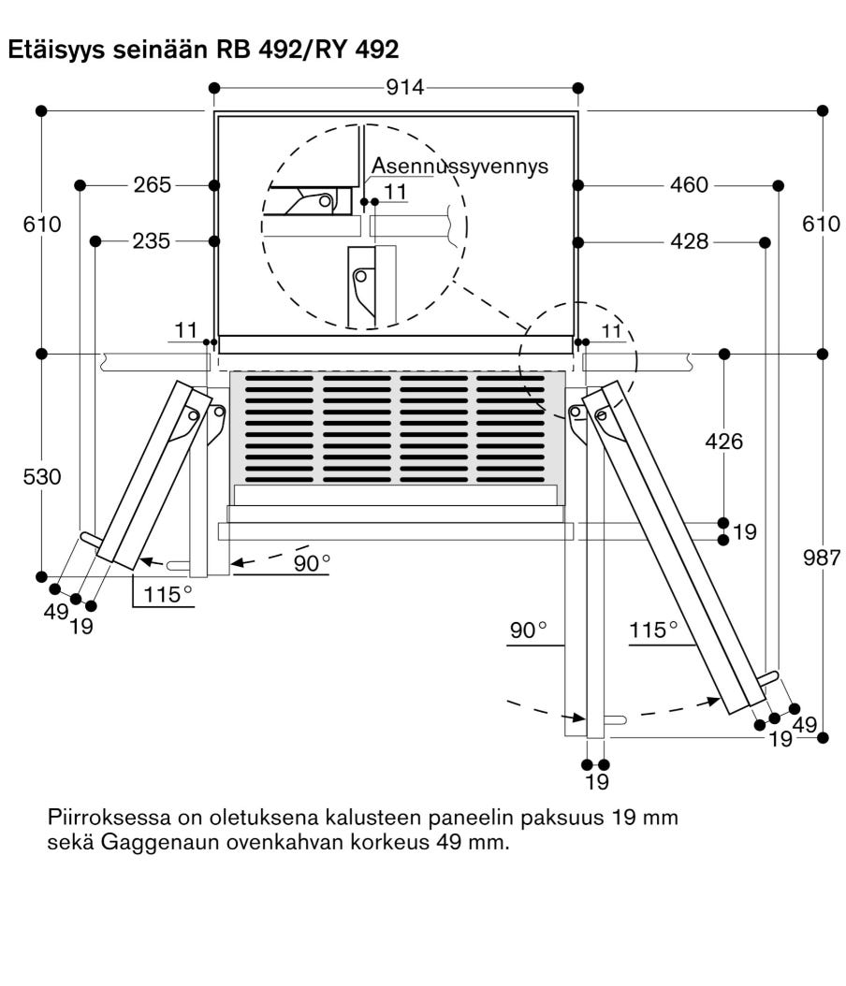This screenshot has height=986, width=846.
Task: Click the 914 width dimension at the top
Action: pyautogui.click(x=404, y=87)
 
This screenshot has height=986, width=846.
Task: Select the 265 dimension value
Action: pyautogui.click(x=152, y=185)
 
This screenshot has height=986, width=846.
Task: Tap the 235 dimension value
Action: pyautogui.click(x=151, y=240)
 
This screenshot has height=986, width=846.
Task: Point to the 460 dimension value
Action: pyautogui.click(x=689, y=185)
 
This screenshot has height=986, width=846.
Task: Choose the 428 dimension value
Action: pyautogui.click(x=690, y=240)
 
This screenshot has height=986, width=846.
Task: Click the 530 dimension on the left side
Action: pyautogui.click(x=42, y=477)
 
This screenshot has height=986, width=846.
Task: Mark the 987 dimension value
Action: pyautogui.click(x=822, y=558)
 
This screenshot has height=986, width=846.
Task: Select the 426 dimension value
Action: pyautogui.click(x=724, y=442)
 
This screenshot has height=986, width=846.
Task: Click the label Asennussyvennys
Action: pyautogui.click(x=459, y=166)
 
